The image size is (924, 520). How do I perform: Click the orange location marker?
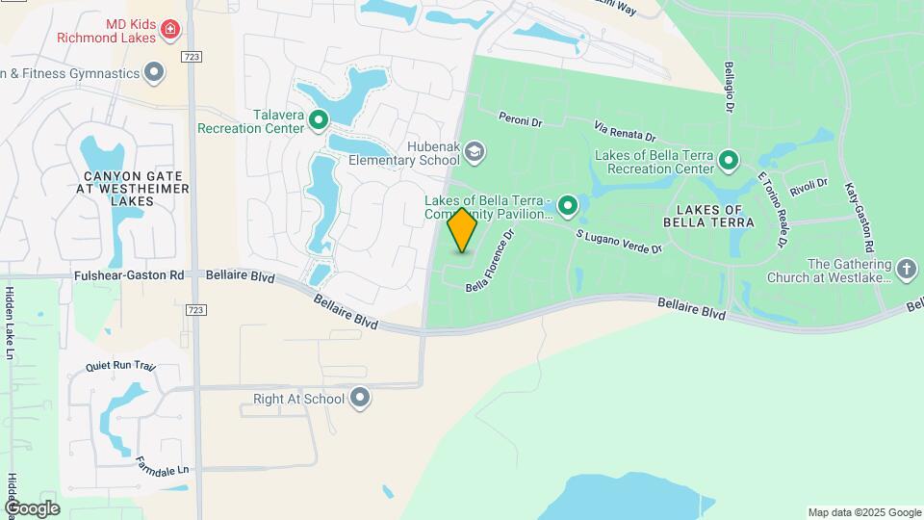click(x=462, y=230)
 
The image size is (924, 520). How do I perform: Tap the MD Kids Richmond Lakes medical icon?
click(x=169, y=30)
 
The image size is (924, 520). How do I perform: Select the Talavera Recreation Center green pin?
click(x=318, y=120)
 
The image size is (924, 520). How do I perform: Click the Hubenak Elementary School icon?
click(x=475, y=151)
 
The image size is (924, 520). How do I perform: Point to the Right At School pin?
click(x=360, y=398)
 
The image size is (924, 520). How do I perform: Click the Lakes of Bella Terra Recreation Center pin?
click(x=729, y=161)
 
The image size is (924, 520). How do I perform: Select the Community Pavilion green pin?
click(x=568, y=205)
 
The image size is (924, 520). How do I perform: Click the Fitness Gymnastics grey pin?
click(x=153, y=72)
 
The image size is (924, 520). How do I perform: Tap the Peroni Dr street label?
click(x=521, y=120)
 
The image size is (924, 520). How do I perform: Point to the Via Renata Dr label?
click(x=625, y=131)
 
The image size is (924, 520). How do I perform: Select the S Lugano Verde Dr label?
click(x=619, y=241)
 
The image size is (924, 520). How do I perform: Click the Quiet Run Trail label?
click(x=119, y=366)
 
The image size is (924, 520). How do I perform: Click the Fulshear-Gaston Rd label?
click(x=129, y=274)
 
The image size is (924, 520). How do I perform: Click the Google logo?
click(x=32, y=507)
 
